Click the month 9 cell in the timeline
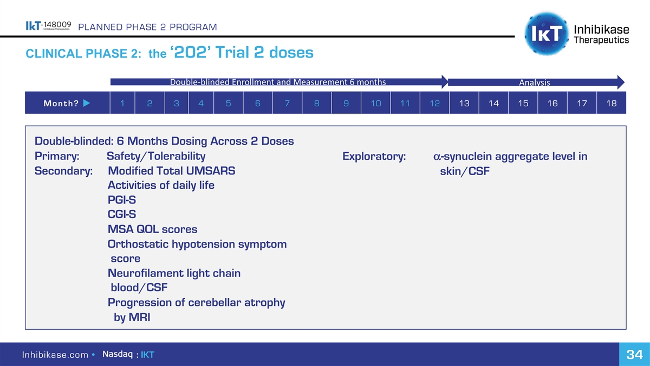346,103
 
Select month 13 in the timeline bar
464,103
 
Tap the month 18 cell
612,103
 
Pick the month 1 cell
122,103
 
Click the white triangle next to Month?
87,103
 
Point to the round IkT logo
547,34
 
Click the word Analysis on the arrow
534,82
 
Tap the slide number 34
635,355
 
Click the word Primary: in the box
57,156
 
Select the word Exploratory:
374,156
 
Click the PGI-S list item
121,200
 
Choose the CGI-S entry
121,214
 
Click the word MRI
139,317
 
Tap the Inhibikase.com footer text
55,355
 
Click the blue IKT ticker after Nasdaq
147,355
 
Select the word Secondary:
63,171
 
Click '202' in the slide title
191,52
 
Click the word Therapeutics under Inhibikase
601,40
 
